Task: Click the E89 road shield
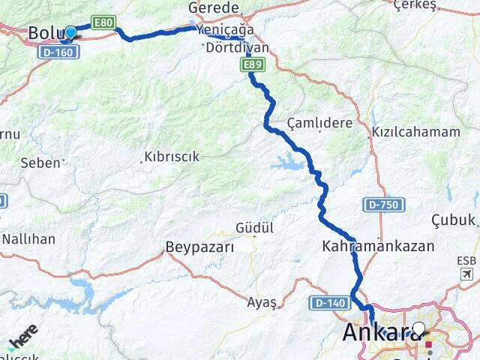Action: pyautogui.click(x=253, y=66)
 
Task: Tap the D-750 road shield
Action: pyautogui.click(x=385, y=204)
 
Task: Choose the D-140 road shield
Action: pyautogui.click(x=327, y=303)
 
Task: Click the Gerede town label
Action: pyautogui.click(x=213, y=7)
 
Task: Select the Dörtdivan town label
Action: pyautogui.click(x=236, y=46)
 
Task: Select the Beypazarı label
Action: pyautogui.click(x=199, y=247)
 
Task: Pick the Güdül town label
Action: pyautogui.click(x=254, y=227)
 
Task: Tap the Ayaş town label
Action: pyautogui.click(x=262, y=302)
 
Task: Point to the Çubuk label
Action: pyautogui.click(x=454, y=220)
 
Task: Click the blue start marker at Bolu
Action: pyautogui.click(x=70, y=32)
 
